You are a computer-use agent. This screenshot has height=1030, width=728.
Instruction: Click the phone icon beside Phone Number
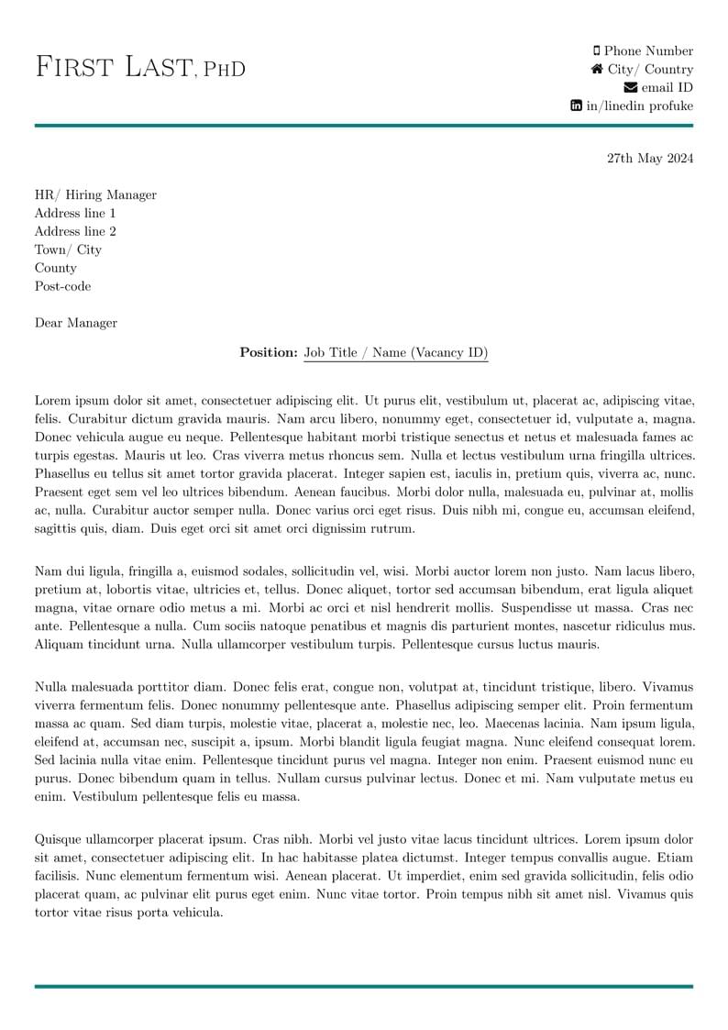pos(597,51)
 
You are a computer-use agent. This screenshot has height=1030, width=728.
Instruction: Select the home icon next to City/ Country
pos(597,70)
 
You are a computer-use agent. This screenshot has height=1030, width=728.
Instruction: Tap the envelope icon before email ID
pos(630,88)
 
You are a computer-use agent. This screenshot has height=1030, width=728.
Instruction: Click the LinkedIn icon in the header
pos(576,106)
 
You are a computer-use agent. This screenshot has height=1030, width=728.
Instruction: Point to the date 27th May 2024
pos(650,159)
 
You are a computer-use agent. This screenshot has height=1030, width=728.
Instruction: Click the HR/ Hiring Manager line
pos(95,194)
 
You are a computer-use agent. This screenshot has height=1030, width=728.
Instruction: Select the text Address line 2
pos(75,231)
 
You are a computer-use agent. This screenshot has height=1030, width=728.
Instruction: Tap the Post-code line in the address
pos(62,286)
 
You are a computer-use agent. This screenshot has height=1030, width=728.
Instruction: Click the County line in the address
pos(55,268)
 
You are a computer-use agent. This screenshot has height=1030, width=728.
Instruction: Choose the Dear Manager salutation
pos(76,323)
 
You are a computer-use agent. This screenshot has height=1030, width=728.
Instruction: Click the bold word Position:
pos(269,352)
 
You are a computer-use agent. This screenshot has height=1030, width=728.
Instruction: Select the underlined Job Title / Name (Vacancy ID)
pos(396,352)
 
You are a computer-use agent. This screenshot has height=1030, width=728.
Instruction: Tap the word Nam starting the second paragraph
pos(47,570)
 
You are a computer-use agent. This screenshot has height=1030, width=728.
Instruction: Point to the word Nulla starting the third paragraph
pos(51,686)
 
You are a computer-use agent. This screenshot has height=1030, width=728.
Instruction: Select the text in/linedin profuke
pos(640,106)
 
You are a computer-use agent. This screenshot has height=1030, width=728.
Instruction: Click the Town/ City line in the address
pos(68,249)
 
